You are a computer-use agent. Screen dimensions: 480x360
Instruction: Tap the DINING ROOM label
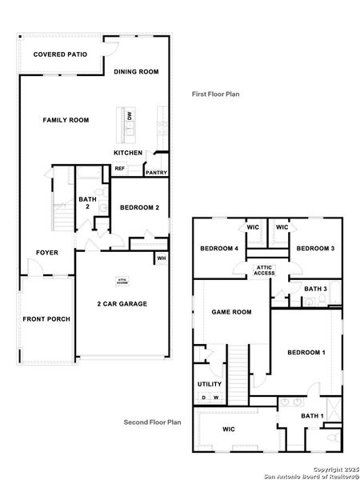point(138,72)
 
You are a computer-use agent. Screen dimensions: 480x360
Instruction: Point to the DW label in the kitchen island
point(130,117)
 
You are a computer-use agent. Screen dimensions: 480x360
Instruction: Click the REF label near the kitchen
point(119,168)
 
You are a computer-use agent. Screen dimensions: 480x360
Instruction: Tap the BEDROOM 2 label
point(139,208)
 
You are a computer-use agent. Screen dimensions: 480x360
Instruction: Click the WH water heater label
point(161,258)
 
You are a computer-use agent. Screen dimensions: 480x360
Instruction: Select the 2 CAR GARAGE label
point(122,304)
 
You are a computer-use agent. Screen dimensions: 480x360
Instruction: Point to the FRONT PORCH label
point(46,319)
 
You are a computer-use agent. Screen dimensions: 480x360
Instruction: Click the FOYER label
point(46,253)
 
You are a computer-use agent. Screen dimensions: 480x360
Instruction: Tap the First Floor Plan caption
point(215,94)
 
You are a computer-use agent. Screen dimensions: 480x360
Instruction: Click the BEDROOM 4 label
point(219,249)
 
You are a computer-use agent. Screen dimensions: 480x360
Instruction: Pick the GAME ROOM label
point(231,312)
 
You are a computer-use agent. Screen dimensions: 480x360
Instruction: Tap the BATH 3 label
point(315,289)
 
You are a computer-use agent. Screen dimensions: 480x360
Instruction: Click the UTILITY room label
point(210,384)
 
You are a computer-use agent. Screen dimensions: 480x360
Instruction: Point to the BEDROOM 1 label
point(306,353)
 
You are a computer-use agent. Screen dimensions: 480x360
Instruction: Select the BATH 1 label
point(312,415)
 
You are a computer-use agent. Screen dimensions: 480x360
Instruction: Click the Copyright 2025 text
point(336,468)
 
